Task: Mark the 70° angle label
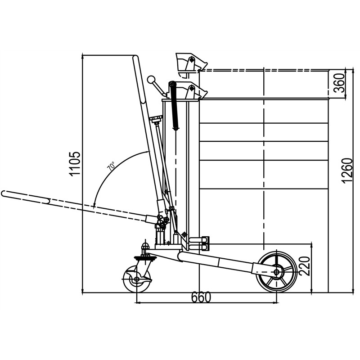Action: pos(111,165)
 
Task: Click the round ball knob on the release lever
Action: pos(151,80)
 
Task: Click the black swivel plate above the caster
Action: pos(145,258)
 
